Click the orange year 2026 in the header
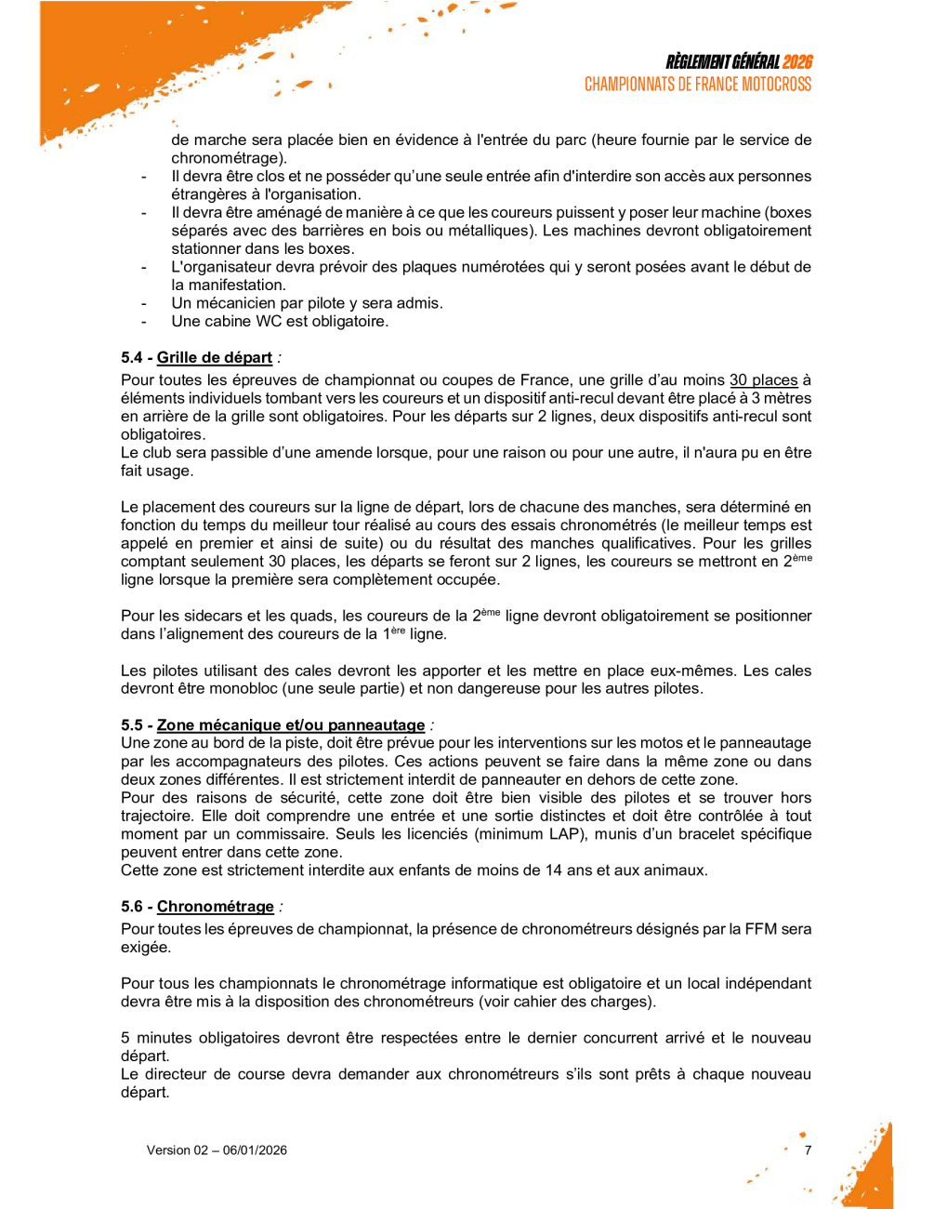(796, 62)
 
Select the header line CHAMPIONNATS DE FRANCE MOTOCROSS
(698, 85)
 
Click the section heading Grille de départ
(215, 358)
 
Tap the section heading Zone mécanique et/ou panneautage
(291, 725)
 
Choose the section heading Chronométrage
(216, 907)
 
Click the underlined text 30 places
(764, 380)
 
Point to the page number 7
(809, 1150)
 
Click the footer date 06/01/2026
(255, 1150)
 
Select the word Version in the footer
(168, 1150)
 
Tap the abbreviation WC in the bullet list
(269, 322)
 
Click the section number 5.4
(132, 358)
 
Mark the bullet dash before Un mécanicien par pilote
(144, 304)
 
